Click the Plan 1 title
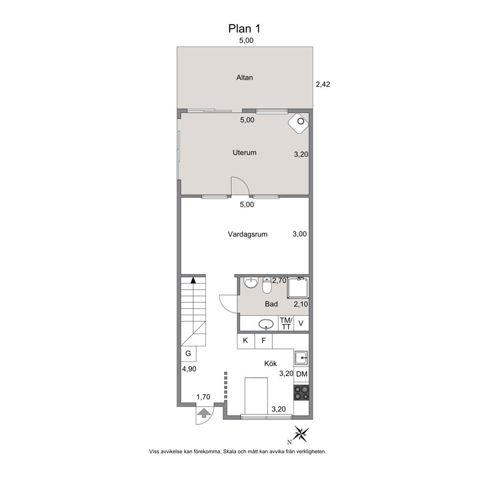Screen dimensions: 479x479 [x=244, y=28]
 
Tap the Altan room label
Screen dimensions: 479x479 [x=244, y=78]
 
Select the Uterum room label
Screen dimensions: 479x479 [x=244, y=153]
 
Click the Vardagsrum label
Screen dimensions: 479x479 [x=247, y=234]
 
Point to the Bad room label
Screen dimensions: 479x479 [x=271, y=304]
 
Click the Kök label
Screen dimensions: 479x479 [x=270, y=364]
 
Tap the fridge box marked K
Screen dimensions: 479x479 [x=246, y=341]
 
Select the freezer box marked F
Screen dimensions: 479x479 [x=264, y=341]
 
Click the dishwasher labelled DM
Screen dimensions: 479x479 [x=301, y=374]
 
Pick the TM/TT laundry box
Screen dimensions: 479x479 [x=286, y=323]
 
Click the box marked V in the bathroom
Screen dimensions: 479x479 [x=301, y=323]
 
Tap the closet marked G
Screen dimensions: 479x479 [x=188, y=354]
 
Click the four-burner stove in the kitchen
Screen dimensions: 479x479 [x=301, y=393]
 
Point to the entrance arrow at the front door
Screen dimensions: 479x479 [x=204, y=414]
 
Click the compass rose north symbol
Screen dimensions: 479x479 [x=301, y=434]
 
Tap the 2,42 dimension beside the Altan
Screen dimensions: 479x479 [x=323, y=85]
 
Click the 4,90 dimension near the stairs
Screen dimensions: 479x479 [x=189, y=369]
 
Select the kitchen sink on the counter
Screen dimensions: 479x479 [x=301, y=357]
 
